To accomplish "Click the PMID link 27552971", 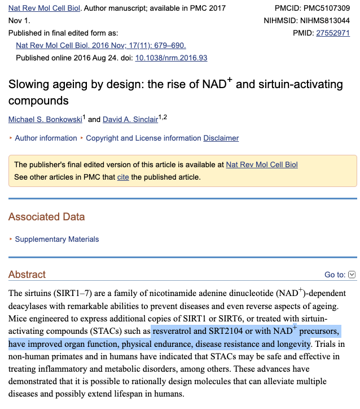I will pos(333,33).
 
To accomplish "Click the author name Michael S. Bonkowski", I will pos(45,119).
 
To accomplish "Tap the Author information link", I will pos(46,138).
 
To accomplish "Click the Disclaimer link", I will pos(221,138).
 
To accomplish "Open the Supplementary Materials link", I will pos(56,239).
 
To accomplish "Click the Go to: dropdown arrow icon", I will pos(352,275).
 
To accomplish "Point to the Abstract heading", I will pos(27,275).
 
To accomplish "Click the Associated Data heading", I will pos(46,216).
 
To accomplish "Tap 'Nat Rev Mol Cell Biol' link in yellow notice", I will pos(262,164).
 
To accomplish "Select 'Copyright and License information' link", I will pos(143,138).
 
